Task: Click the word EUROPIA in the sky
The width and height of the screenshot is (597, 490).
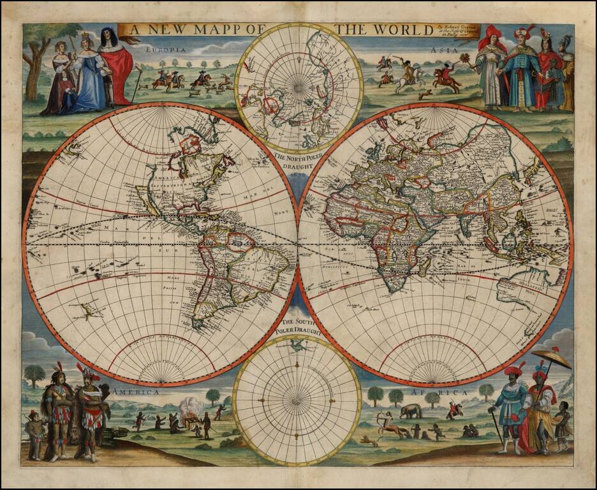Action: pos(165,49)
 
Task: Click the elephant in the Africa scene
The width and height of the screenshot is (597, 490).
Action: pos(410,412)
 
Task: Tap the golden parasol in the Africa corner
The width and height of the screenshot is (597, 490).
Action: pos(550,359)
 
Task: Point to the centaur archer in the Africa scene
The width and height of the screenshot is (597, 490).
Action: pos(390,427)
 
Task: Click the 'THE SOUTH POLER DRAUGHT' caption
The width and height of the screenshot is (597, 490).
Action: pos(297,327)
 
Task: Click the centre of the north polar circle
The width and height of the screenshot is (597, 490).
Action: pos(298,85)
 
